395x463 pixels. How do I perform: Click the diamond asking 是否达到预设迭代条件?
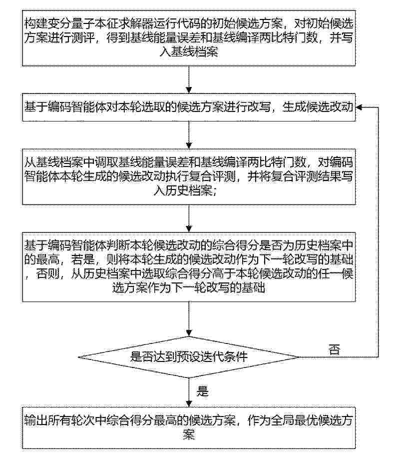[189, 357]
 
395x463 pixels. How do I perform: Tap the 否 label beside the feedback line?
[335, 350]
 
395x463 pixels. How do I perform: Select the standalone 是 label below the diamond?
[202, 391]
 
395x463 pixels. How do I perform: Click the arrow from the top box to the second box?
[189, 79]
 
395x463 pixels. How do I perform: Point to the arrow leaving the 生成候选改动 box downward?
[189, 135]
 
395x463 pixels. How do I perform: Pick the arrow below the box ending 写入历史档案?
[189, 218]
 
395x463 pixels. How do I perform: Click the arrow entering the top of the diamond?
[189, 319]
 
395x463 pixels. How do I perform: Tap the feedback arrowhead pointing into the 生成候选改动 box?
[359, 107]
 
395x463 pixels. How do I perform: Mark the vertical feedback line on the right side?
[379, 232]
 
